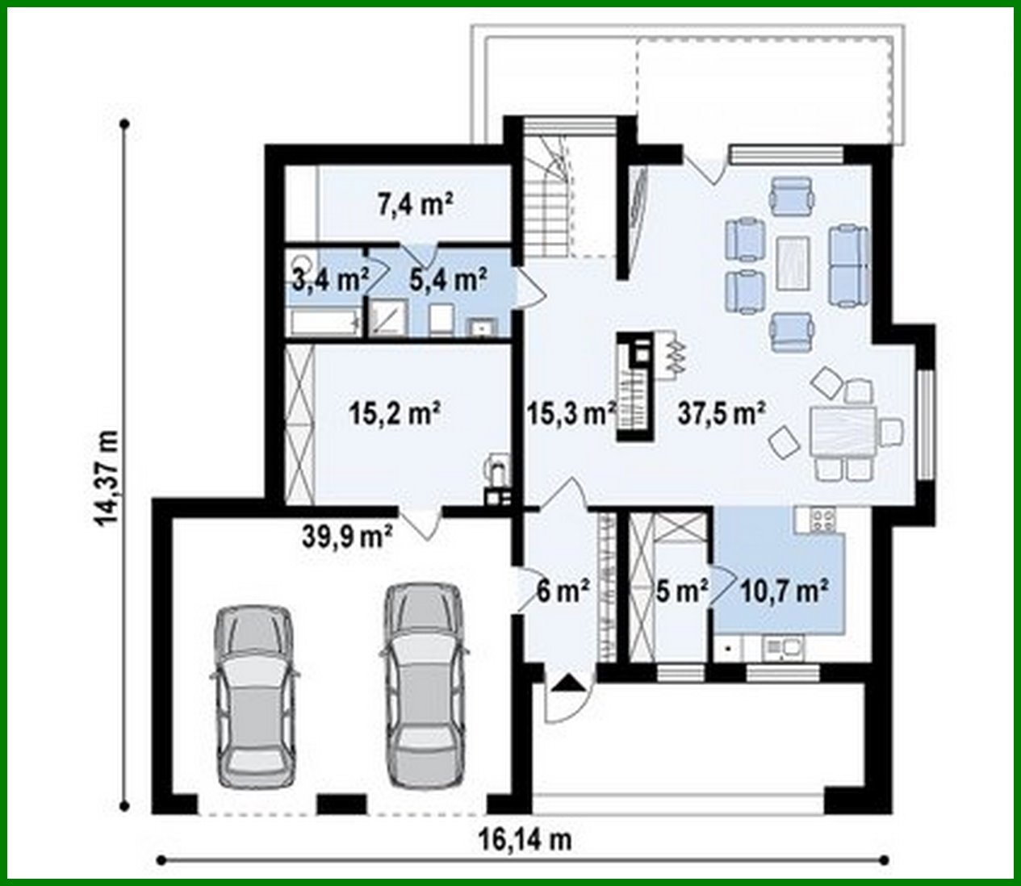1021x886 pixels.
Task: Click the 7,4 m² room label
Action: (414, 205)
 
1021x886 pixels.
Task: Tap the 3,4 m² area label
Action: (327, 280)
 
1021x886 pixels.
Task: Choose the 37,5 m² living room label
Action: (720, 414)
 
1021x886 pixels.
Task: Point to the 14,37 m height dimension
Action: (107, 476)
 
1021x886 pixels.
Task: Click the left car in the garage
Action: (253, 697)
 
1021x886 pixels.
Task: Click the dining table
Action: (843, 433)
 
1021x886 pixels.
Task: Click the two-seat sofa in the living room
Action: (850, 265)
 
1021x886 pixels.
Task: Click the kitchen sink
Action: (782, 646)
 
